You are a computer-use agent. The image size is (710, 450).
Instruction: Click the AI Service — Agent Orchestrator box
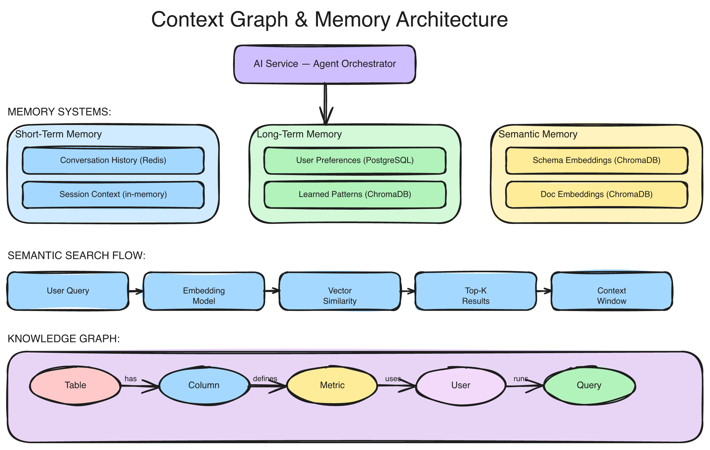click(x=325, y=64)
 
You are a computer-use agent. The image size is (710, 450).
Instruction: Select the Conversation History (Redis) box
click(x=113, y=160)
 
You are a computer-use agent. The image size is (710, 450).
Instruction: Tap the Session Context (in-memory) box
click(x=113, y=195)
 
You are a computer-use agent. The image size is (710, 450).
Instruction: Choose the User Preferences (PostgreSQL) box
click(x=355, y=160)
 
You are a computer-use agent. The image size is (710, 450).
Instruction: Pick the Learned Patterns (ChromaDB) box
click(x=355, y=195)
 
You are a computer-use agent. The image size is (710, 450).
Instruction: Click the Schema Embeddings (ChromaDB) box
click(x=596, y=160)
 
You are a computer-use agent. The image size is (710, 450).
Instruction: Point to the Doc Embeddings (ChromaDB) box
click(x=596, y=195)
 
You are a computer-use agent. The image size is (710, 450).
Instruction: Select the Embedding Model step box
click(x=204, y=291)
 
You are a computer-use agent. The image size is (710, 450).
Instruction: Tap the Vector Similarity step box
click(x=340, y=291)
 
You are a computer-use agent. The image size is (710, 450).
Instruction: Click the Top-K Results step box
click(x=476, y=291)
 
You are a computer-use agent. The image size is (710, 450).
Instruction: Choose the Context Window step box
click(x=611, y=291)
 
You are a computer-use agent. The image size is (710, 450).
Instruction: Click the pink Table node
click(x=75, y=385)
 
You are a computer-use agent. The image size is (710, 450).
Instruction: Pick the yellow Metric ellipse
click(x=332, y=385)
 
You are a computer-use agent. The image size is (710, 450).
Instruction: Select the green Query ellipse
click(x=589, y=385)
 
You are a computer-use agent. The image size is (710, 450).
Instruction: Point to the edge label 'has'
click(x=130, y=379)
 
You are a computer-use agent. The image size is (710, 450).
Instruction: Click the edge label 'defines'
click(x=265, y=379)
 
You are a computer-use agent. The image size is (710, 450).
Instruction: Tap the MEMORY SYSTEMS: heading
click(x=59, y=112)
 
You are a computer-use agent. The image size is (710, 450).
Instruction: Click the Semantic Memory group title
click(x=538, y=134)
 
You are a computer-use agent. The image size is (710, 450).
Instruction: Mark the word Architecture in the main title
click(x=452, y=20)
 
